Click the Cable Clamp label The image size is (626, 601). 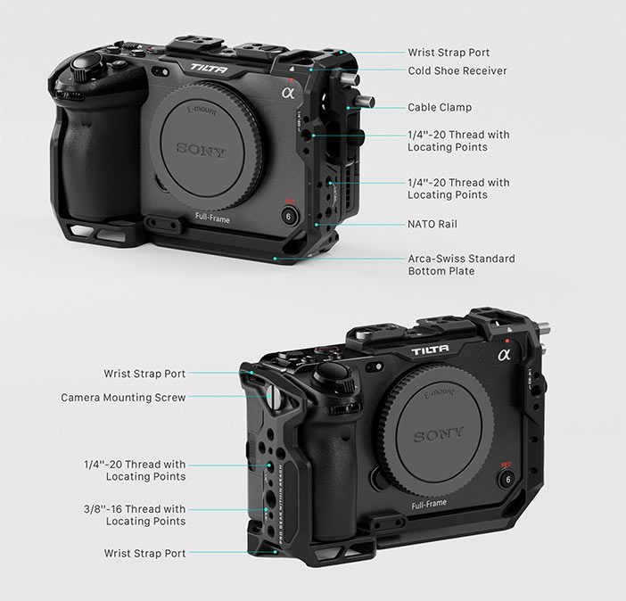tap(440, 107)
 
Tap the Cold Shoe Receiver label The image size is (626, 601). tap(457, 70)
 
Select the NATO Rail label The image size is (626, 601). tap(432, 224)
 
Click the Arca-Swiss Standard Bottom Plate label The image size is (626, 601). tap(461, 265)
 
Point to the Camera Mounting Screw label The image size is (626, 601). tap(123, 398)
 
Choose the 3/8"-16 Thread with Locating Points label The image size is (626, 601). tap(135, 515)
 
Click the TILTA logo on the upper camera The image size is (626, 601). tap(209, 69)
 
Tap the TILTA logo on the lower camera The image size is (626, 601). tap(430, 350)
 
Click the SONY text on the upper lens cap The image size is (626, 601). tap(202, 150)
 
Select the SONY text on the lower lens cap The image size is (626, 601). tap(439, 435)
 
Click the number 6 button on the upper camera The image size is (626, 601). tap(289, 217)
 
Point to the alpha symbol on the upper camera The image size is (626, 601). tap(288, 93)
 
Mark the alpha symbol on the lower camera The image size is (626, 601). tap(504, 355)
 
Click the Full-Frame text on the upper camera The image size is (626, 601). tap(212, 218)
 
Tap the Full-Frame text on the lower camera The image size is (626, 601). tap(429, 505)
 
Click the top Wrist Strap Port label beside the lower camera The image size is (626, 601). tap(144, 374)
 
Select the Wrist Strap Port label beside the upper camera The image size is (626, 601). tap(449, 53)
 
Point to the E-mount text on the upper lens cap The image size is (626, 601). tap(202, 111)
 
